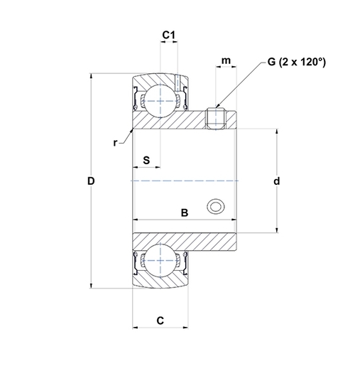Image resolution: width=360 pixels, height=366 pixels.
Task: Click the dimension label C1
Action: coord(168,33)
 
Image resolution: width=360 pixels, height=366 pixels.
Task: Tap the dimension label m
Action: coord(226,61)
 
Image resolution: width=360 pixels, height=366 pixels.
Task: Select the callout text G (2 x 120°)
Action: coord(296,63)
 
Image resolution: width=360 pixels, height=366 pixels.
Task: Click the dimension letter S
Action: coord(146,159)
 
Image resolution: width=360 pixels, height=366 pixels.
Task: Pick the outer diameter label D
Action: coord(91,181)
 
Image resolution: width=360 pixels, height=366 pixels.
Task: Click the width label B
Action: coord(184,212)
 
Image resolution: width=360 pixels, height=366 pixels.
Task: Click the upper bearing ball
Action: coord(160,100)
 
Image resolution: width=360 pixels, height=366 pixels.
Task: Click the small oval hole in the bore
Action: coord(215,207)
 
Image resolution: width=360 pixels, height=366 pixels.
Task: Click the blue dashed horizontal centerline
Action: coord(185,181)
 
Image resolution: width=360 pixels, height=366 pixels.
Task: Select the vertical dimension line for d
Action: coord(276,213)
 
